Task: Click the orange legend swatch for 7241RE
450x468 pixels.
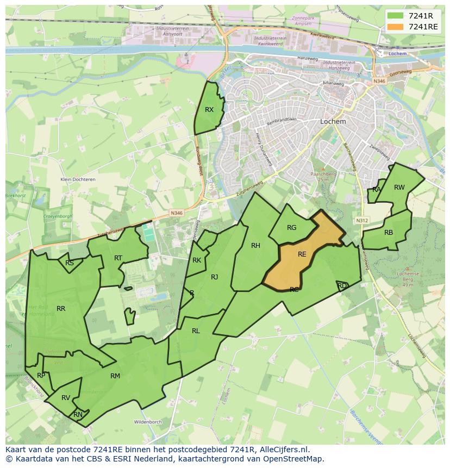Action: tap(396, 27)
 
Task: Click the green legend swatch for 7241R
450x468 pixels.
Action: tap(396, 15)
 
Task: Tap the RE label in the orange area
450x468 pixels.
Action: tap(302, 254)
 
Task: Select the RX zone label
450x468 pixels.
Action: tap(209, 110)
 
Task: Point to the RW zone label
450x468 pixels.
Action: tap(399, 188)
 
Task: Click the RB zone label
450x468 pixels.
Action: tap(389, 233)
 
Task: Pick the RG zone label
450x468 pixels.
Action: tap(292, 228)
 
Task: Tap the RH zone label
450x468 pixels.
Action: tap(255, 246)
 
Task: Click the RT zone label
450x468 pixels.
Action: tap(118, 258)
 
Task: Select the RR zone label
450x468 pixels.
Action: tap(61, 309)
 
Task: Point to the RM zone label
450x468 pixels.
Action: tap(115, 376)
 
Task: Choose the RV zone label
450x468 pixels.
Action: tap(66, 398)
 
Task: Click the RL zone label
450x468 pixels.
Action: tap(196, 331)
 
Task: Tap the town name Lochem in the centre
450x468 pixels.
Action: tap(333, 122)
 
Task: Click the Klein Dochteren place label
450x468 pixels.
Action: tap(78, 179)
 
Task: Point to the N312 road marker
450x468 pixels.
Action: tap(362, 221)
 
